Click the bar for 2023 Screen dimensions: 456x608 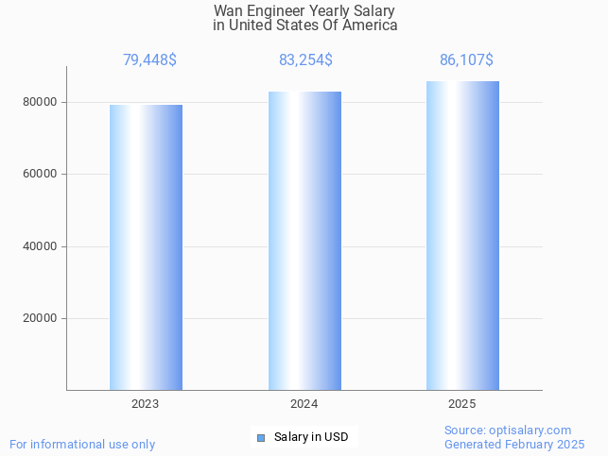pyautogui.click(x=146, y=247)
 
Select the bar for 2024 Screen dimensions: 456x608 pyautogui.click(x=304, y=241)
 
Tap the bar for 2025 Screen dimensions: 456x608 pyautogui.click(x=462, y=235)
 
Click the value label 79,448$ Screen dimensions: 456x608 pyautogui.click(x=149, y=60)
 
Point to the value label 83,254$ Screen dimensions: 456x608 pyautogui.click(x=305, y=60)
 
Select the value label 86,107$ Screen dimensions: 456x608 pyautogui.click(x=466, y=60)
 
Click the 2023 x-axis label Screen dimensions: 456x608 pyautogui.click(x=146, y=404)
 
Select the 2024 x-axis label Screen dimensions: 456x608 pyautogui.click(x=304, y=404)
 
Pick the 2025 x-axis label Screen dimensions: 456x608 pyautogui.click(x=462, y=404)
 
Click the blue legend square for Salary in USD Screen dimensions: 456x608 pyautogui.click(x=261, y=437)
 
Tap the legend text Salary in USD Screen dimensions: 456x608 pyautogui.click(x=311, y=437)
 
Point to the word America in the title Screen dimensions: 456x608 pyautogui.click(x=371, y=25)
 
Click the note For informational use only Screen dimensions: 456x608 pyautogui.click(x=82, y=445)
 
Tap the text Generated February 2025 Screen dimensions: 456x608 pyautogui.click(x=514, y=445)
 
